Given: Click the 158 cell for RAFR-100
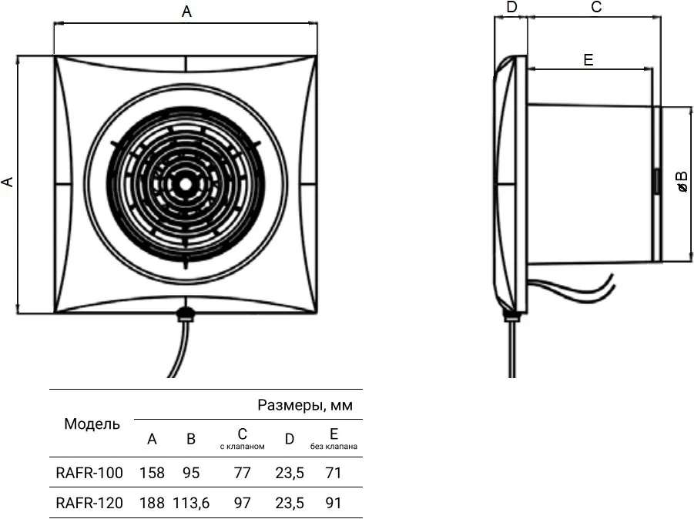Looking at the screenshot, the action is [152, 473].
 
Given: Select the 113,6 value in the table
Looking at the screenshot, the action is [191, 503].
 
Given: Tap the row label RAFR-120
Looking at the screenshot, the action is [89, 503].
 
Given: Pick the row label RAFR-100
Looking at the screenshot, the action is [89, 473].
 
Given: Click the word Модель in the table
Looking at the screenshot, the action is [92, 424].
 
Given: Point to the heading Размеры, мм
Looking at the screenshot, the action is [305, 405].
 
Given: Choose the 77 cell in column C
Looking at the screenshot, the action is [242, 473].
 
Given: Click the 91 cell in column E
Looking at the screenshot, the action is [334, 503].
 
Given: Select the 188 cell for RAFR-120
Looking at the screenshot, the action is [152, 503].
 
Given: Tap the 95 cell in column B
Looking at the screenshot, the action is [191, 473].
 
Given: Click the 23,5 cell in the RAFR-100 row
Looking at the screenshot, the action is [290, 473].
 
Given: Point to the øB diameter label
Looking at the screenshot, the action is [682, 181].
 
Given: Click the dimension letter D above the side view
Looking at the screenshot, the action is [511, 7].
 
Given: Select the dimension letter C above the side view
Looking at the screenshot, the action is [596, 7].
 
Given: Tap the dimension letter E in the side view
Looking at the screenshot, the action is [588, 60].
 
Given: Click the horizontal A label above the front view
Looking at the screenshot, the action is [186, 12].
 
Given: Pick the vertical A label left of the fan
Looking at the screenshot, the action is [8, 182].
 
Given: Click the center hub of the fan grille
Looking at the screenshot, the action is [186, 184].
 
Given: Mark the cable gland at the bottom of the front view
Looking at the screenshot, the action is [186, 314].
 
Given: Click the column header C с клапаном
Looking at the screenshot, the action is [242, 439].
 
